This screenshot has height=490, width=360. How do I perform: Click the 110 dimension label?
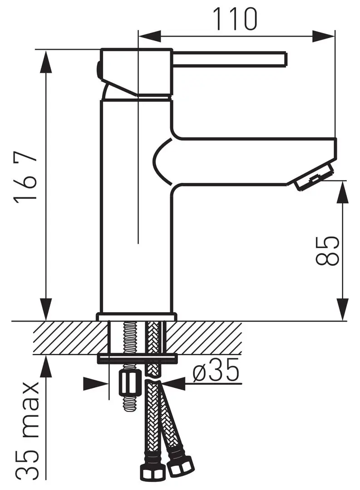(235, 19)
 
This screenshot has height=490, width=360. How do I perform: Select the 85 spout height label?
(327, 250)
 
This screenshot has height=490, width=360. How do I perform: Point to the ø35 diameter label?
(216, 371)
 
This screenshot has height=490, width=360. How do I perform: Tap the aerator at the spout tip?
(313, 176)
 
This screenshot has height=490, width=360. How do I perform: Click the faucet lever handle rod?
(229, 59)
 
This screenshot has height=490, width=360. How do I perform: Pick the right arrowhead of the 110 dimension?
(323, 35)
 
